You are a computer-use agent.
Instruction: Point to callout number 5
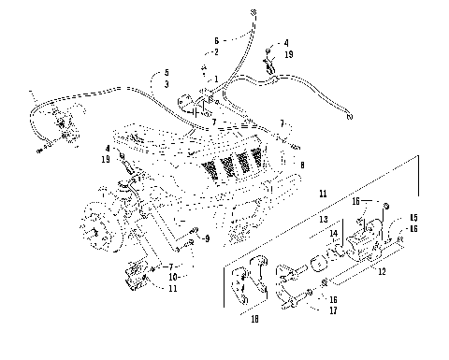click(167, 73)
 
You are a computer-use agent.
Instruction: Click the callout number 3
click(167, 85)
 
